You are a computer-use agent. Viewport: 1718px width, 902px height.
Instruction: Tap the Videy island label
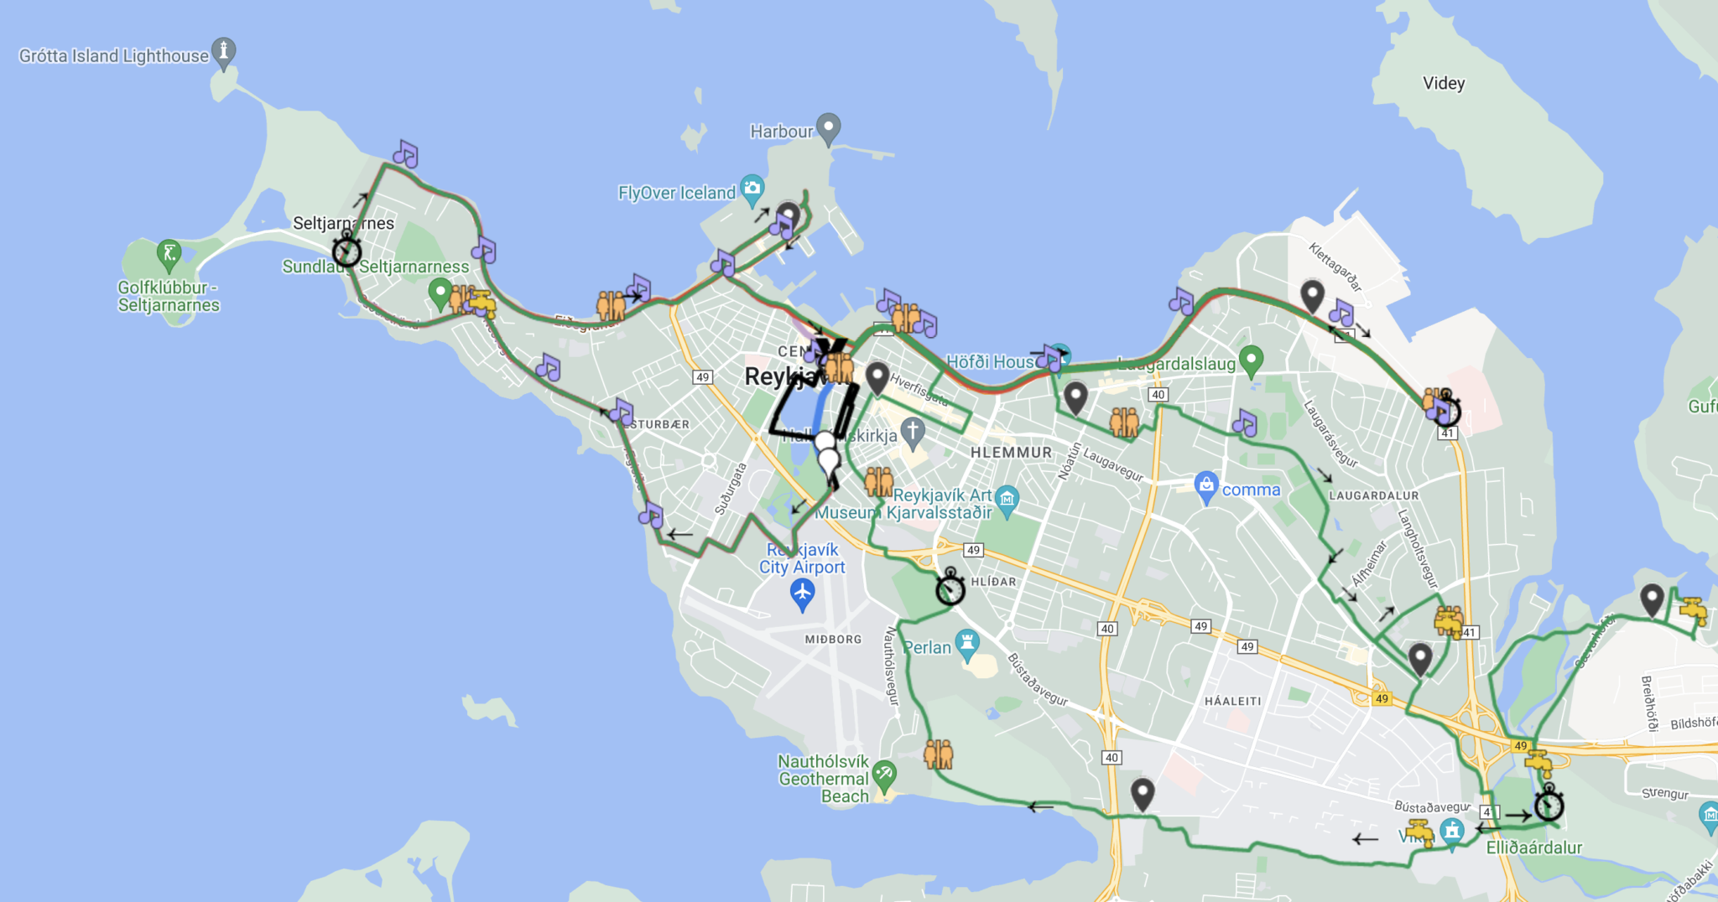[x=1444, y=83]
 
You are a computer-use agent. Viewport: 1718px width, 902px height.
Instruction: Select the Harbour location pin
[x=829, y=128]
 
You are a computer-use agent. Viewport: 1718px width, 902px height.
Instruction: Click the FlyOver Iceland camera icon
[x=752, y=188]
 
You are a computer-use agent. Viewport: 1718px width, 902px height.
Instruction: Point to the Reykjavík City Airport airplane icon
[x=803, y=594]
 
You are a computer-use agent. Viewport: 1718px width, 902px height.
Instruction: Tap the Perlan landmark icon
[x=967, y=643]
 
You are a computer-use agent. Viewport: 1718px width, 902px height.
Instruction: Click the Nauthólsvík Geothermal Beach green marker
[x=884, y=774]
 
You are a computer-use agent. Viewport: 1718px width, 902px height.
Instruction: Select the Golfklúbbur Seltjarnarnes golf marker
[x=169, y=252]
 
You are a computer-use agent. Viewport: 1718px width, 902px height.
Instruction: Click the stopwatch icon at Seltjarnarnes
[x=346, y=251]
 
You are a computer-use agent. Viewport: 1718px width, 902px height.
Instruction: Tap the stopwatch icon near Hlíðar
[x=950, y=588]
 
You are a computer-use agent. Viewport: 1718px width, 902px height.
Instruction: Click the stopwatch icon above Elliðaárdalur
[x=1549, y=805]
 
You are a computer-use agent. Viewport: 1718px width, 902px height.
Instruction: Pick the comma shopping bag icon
[x=1206, y=485]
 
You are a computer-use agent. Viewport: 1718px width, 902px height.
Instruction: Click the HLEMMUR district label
[x=1011, y=453]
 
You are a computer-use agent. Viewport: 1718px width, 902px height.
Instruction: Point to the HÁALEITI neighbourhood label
[x=1232, y=701]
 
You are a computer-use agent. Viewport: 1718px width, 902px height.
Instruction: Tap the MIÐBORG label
[x=833, y=639]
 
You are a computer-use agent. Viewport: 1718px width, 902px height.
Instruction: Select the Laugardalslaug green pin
[x=1251, y=360]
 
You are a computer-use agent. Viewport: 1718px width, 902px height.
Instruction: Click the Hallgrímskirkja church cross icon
[x=913, y=433]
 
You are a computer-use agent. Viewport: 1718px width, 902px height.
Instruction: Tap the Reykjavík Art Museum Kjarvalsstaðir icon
[x=1007, y=499]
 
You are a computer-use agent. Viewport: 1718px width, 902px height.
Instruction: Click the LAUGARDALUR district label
[x=1373, y=495]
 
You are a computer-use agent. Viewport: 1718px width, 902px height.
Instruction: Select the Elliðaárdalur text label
[x=1533, y=848]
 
